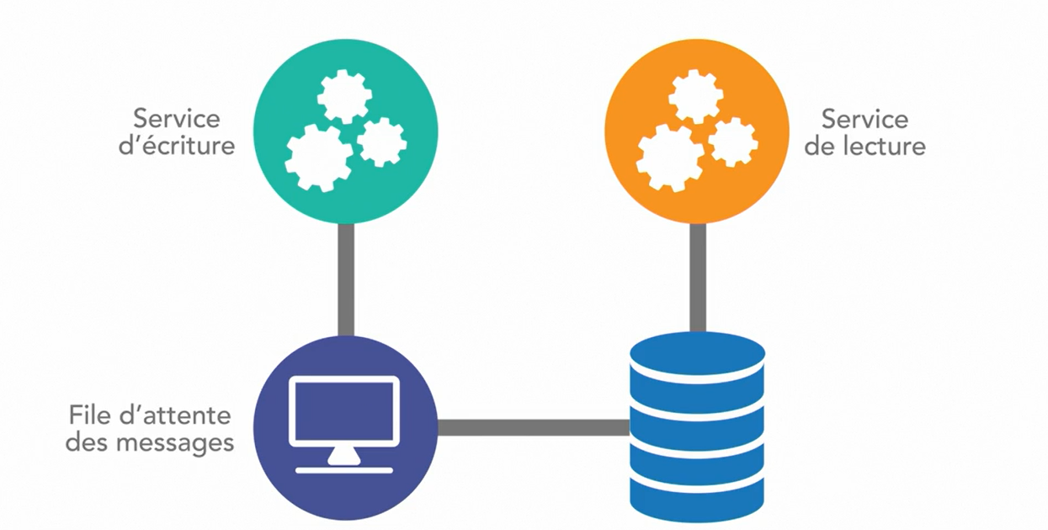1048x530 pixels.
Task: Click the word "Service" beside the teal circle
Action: [176, 117]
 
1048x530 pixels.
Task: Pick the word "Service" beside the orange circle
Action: [864, 117]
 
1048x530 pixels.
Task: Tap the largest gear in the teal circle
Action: [319, 158]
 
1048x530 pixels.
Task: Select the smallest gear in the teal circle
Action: [382, 142]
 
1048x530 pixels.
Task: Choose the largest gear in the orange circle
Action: [670, 158]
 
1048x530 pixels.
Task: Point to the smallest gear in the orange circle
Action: [733, 142]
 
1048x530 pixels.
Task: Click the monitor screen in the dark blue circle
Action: [343, 411]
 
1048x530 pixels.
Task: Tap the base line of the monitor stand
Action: [343, 469]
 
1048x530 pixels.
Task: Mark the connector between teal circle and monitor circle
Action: [345, 278]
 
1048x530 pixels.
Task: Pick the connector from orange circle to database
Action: [697, 276]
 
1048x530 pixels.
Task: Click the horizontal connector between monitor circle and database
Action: [533, 427]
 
